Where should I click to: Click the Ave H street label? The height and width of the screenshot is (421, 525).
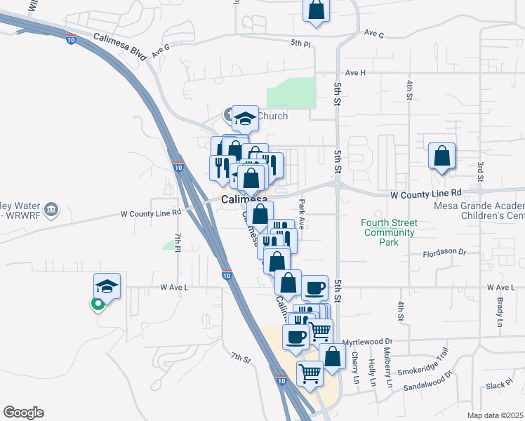click(x=356, y=73)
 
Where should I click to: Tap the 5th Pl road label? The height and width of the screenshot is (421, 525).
click(x=300, y=44)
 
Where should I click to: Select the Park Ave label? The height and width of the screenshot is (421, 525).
click(x=302, y=207)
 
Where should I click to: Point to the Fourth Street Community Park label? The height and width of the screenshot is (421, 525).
click(x=387, y=233)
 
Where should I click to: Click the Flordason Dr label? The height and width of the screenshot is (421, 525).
click(x=444, y=251)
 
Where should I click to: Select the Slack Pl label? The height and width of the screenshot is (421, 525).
click(x=500, y=385)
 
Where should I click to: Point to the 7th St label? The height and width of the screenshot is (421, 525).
click(x=241, y=359)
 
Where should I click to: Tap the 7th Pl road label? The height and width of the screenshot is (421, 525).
click(x=178, y=243)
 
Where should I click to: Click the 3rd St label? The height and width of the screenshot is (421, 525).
click(x=481, y=174)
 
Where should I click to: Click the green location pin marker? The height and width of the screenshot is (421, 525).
click(x=98, y=305)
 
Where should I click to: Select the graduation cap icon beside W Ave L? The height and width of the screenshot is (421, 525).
click(x=107, y=286)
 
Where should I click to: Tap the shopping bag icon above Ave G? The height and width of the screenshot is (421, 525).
click(x=317, y=10)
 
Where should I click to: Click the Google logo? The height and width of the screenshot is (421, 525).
click(x=23, y=413)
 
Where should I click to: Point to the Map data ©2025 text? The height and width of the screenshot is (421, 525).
click(x=495, y=415)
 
